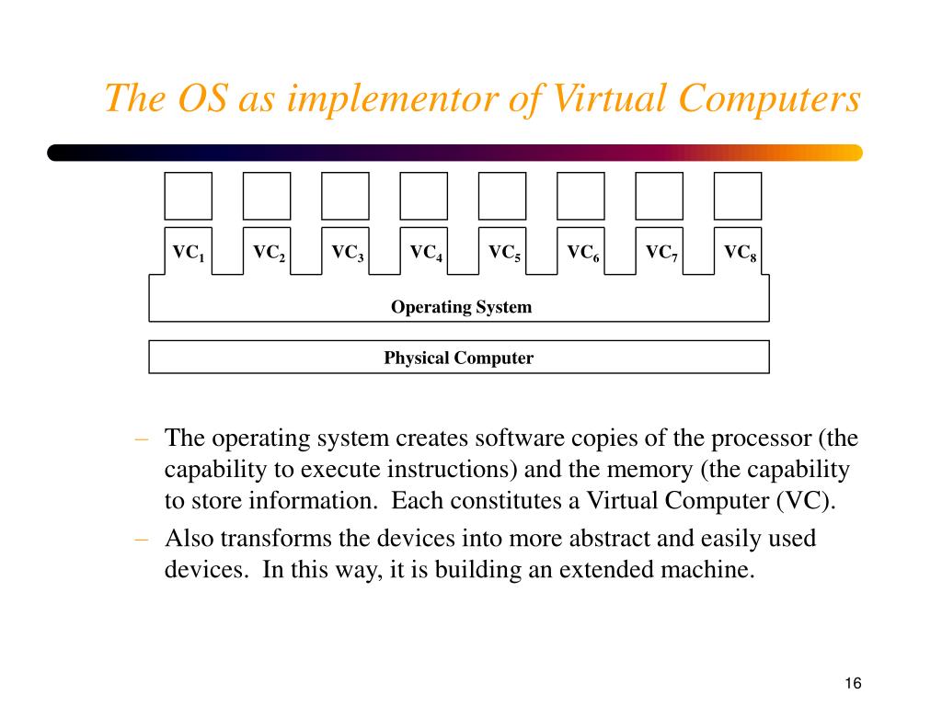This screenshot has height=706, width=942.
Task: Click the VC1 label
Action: tap(188, 253)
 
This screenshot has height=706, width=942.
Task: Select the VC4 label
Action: tap(426, 253)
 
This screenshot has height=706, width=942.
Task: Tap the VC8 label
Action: tap(740, 253)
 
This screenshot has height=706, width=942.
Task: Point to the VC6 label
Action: tap(583, 253)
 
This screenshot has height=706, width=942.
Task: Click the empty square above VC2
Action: tap(267, 196)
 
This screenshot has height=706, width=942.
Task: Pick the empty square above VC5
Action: tap(502, 196)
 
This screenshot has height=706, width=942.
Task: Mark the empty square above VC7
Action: tap(660, 196)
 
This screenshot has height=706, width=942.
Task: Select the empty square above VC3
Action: tap(345, 196)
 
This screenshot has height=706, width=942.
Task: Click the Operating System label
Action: tap(461, 307)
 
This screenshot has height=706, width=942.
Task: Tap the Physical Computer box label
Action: tap(458, 358)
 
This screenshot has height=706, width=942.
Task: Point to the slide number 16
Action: tap(852, 683)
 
